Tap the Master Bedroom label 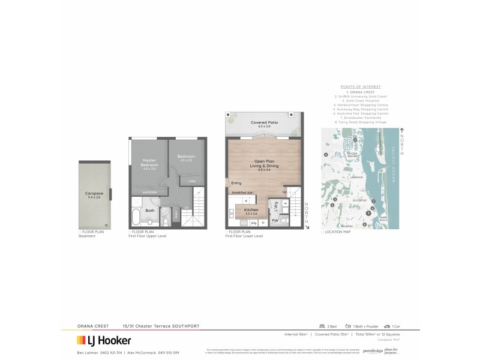click(x=149, y=164)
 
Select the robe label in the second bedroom click(x=191, y=181)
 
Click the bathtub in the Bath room click(x=137, y=216)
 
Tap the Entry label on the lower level click(x=236, y=183)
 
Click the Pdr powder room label click(x=275, y=221)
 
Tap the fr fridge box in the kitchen click(x=263, y=223)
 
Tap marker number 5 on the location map click(x=355, y=140)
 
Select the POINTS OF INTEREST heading click(x=361, y=87)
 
